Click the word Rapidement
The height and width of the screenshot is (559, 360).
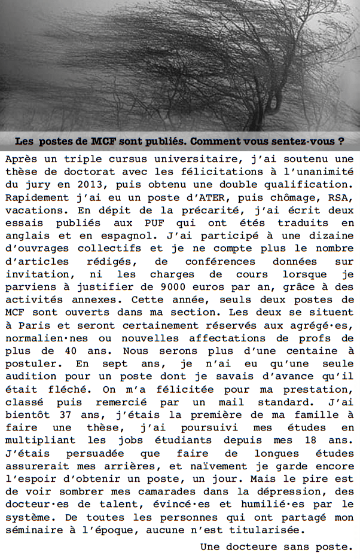click(x=35, y=198)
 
